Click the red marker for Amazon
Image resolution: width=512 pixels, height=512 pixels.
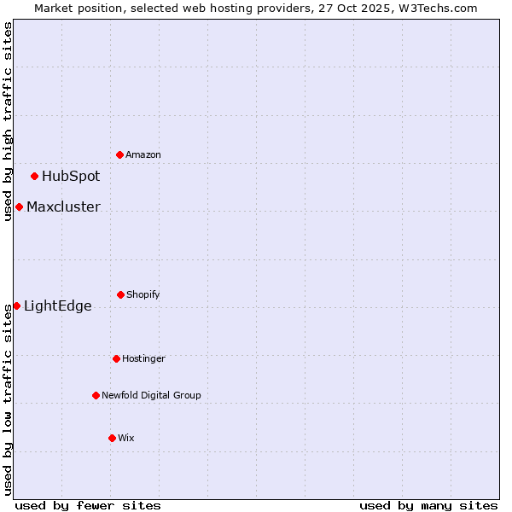coord(120,154)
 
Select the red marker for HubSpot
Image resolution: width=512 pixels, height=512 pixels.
coord(35,177)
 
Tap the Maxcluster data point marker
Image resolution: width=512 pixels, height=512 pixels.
coord(19,207)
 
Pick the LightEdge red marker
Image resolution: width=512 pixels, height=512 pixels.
coord(16,305)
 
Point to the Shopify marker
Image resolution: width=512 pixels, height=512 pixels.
coord(120,294)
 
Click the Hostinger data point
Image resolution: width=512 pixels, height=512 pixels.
coord(116,358)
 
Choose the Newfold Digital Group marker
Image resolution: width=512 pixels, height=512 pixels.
coord(96,395)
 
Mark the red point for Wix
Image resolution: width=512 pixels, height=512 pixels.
coord(112,438)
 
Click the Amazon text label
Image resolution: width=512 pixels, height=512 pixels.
coord(143,154)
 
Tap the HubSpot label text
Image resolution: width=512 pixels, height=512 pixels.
coord(71,177)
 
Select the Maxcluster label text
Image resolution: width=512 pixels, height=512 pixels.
coord(63,207)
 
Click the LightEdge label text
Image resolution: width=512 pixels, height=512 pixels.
coord(57,306)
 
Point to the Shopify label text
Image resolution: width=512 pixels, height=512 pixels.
coord(143,294)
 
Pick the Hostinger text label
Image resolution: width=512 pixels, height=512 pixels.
coord(143,358)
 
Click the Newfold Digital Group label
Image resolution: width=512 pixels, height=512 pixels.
coord(151,395)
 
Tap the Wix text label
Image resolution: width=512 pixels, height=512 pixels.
coord(126,438)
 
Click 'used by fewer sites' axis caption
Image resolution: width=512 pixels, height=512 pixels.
coord(88,505)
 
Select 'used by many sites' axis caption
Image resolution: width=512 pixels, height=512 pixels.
coord(428,505)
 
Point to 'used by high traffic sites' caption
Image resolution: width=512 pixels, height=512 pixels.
coord(8,121)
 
